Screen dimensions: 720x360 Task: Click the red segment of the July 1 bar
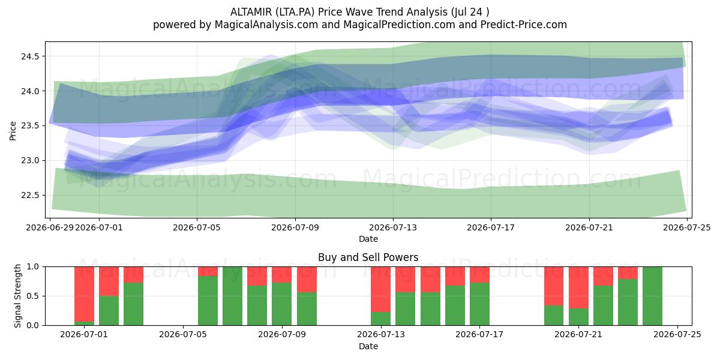tap(84, 294)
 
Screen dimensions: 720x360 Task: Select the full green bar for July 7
tap(232, 296)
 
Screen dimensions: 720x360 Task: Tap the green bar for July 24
tap(653, 296)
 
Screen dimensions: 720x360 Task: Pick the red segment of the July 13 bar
tap(380, 289)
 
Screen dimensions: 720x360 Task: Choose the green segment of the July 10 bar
tap(307, 309)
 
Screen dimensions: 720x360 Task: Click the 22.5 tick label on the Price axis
tap(30, 196)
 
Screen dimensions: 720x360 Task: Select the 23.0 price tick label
tap(30, 161)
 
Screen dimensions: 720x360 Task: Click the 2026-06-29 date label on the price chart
tap(50, 227)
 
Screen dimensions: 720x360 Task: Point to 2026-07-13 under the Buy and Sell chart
tap(381, 335)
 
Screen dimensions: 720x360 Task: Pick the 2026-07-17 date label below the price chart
tap(491, 227)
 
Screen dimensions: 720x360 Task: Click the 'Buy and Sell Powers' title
tap(368, 257)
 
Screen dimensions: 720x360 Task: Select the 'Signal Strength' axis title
tap(17, 296)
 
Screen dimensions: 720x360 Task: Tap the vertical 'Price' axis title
tap(13, 131)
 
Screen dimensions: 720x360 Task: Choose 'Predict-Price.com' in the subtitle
tap(524, 25)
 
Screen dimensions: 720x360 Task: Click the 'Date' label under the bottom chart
tap(368, 346)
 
